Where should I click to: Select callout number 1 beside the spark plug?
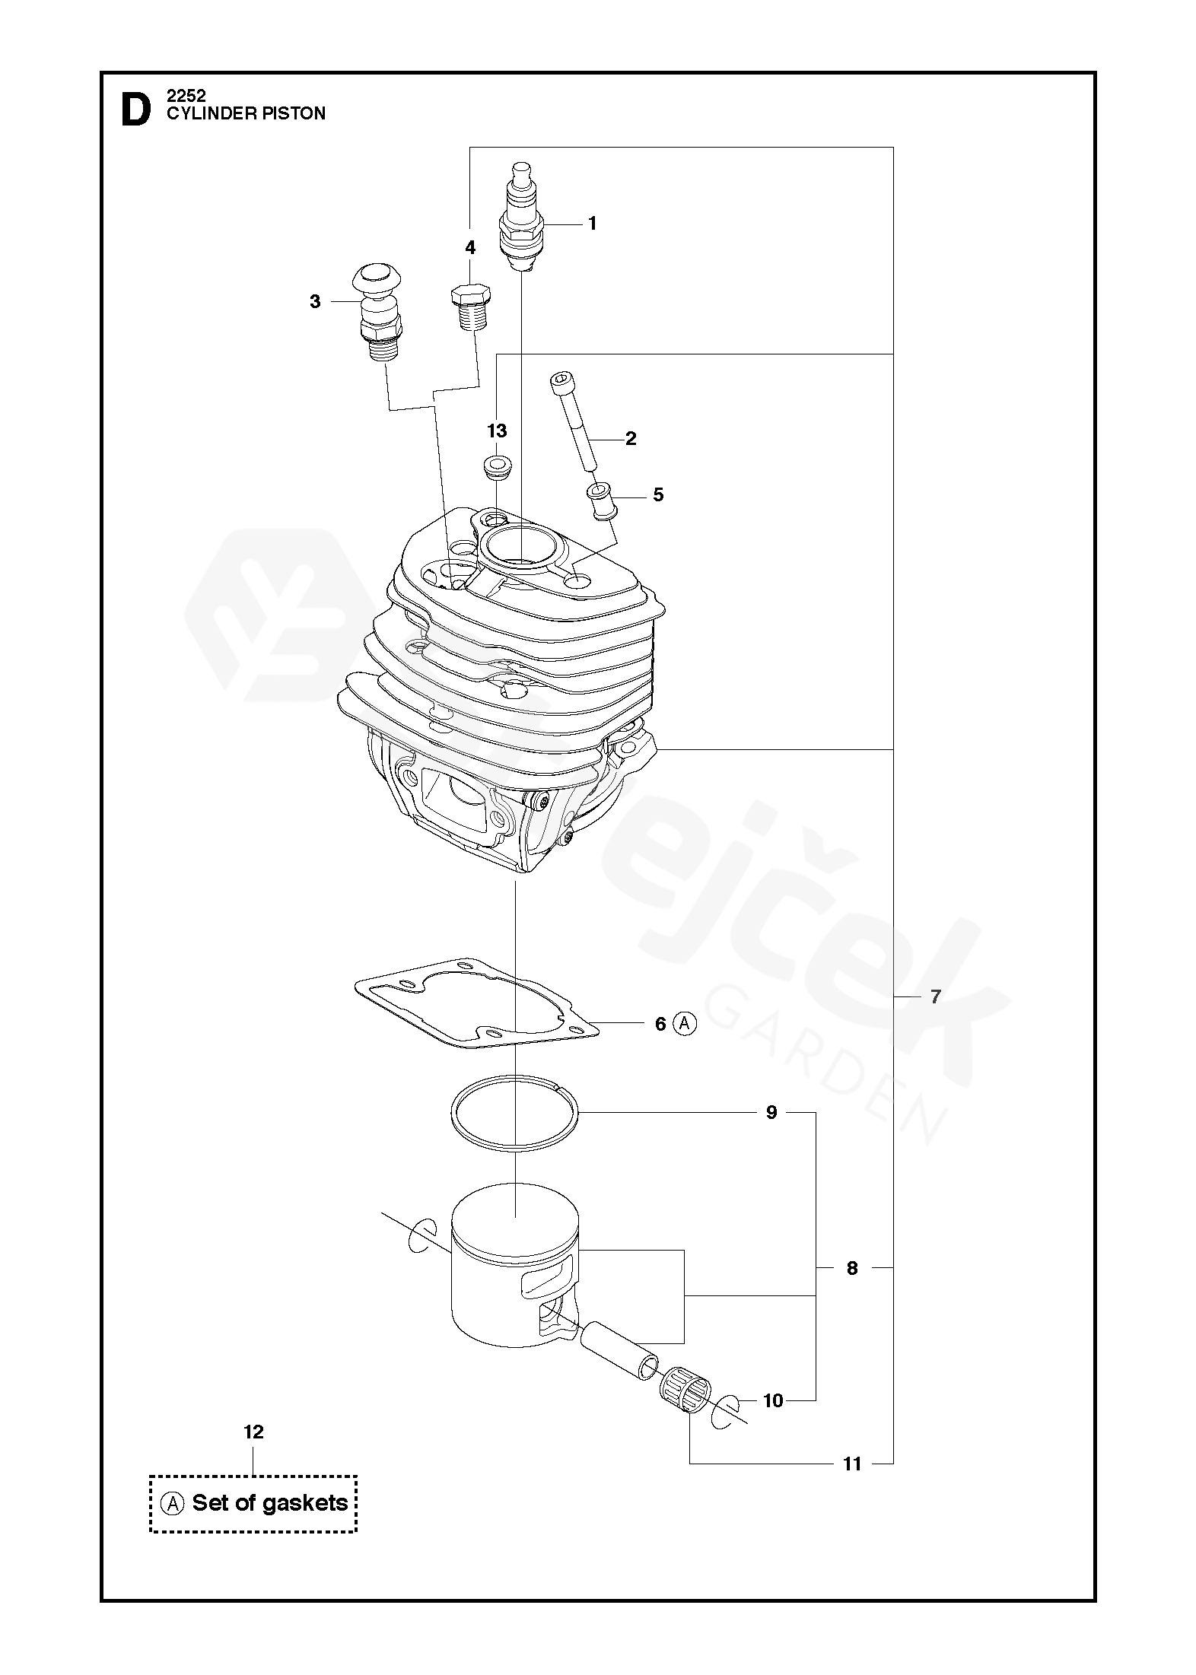[592, 224]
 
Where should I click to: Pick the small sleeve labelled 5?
[600, 501]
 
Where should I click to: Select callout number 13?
[497, 431]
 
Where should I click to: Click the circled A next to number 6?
[685, 1024]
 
